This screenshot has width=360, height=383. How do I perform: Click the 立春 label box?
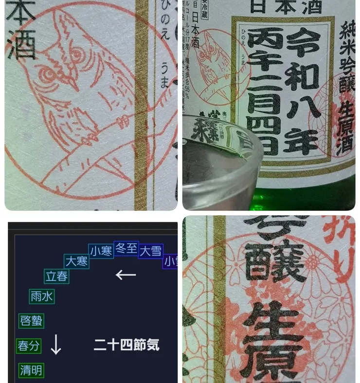point(56,276)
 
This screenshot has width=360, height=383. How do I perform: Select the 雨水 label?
point(42,296)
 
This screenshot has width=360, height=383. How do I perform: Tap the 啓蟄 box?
point(31,321)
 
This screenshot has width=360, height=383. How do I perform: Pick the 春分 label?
point(28,346)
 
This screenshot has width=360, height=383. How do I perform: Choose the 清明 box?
point(31,370)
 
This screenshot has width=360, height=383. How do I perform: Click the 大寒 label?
point(76,261)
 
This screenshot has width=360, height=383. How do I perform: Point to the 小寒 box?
point(101,251)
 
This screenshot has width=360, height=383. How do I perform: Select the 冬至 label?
point(126,248)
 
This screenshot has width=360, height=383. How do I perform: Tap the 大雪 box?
point(150,251)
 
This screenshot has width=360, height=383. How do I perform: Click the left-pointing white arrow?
point(126,275)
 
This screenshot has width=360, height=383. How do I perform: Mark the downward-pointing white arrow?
point(56,344)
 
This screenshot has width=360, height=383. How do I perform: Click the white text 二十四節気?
point(126,346)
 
